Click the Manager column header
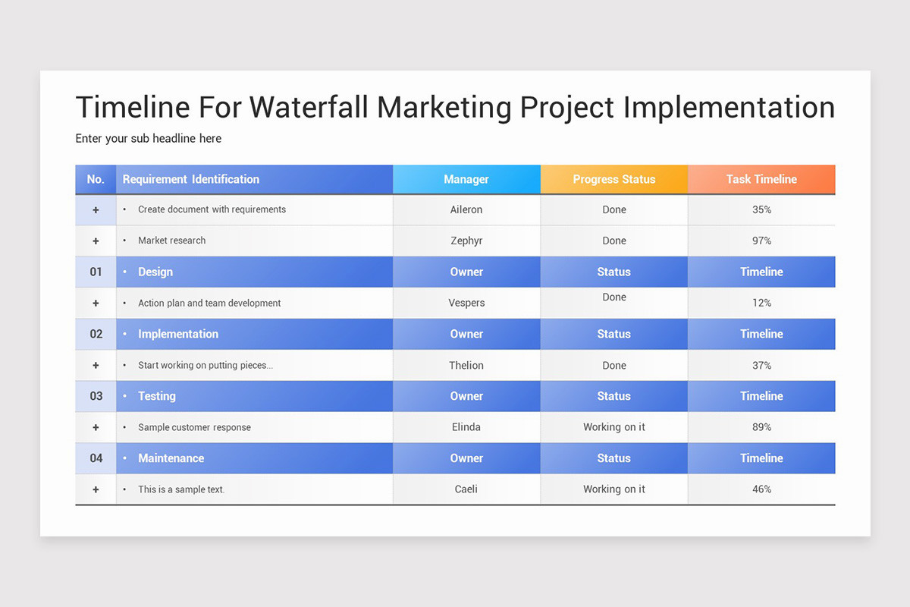(466, 180)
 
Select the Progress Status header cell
(613, 180)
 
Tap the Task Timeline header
(761, 180)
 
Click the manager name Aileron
(466, 209)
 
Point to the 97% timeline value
(761, 241)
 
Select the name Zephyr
(466, 241)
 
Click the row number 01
(96, 272)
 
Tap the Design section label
(155, 272)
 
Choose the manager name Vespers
(466, 303)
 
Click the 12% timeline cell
(761, 303)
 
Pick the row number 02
(96, 334)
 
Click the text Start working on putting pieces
(205, 365)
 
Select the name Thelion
(466, 365)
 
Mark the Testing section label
(157, 396)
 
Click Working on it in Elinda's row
(613, 427)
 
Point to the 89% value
(761, 427)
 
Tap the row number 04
(96, 458)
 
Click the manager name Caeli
(466, 489)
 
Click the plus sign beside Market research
(96, 241)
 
